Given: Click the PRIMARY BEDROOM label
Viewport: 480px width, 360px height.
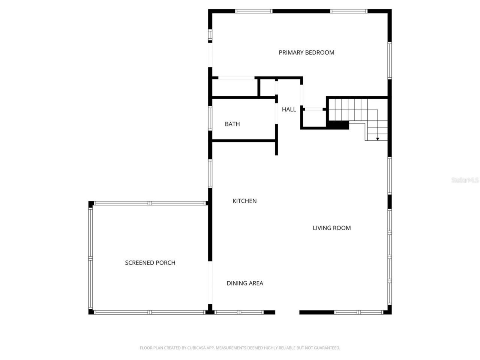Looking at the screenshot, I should pyautogui.click(x=306, y=52).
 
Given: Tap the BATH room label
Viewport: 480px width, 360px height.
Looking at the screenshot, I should pyautogui.click(x=232, y=124).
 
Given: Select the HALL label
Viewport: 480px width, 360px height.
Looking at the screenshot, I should pyautogui.click(x=289, y=109).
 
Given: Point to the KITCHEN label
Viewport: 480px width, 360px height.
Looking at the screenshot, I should pyautogui.click(x=244, y=201).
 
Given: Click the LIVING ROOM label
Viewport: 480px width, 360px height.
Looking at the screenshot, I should pyautogui.click(x=331, y=228).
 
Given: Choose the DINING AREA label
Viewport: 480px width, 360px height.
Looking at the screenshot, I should pyautogui.click(x=245, y=283).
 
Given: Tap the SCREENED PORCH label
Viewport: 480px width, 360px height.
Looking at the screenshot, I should pyautogui.click(x=150, y=263).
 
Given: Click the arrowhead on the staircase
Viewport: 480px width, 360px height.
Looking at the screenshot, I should pyautogui.click(x=378, y=139).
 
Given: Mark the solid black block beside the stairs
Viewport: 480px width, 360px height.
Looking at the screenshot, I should pyautogui.click(x=338, y=125).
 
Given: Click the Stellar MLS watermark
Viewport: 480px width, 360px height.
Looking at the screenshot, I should pyautogui.click(x=465, y=180).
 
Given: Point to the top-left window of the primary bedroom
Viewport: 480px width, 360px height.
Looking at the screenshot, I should pyautogui.click(x=254, y=11).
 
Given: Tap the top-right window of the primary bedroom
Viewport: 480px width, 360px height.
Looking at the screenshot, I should pyautogui.click(x=349, y=11).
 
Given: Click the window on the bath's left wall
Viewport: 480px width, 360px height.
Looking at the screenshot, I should pyautogui.click(x=210, y=118).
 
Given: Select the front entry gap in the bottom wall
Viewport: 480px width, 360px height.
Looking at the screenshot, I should pyautogui.click(x=287, y=312).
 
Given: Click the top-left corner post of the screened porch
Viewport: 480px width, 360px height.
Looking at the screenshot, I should pyautogui.click(x=91, y=204).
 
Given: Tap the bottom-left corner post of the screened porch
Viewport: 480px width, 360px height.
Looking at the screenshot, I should pyautogui.click(x=91, y=312).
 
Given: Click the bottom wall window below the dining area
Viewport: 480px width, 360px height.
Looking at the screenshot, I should pyautogui.click(x=239, y=312).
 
